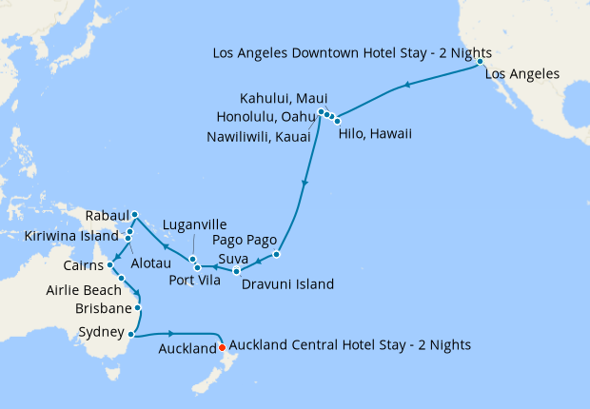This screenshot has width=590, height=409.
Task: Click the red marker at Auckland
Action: coord(222,348)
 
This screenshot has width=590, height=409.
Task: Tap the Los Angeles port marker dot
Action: coord(481,62)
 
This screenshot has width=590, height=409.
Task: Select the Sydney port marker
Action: coord(130,333)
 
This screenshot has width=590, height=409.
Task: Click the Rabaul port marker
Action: coord(134,214)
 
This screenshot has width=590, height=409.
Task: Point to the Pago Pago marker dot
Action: coord(276,254)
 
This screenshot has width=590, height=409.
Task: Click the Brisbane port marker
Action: coord(139,307)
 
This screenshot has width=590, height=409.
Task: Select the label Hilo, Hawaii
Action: coord(375,134)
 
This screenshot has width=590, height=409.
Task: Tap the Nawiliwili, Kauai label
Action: coord(261,136)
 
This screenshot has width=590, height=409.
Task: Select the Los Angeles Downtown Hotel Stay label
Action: coord(342,51)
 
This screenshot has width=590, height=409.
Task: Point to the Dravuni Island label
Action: coord(287,283)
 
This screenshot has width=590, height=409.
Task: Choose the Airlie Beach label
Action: coord(83,290)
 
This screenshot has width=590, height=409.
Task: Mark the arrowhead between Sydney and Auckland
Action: coord(171,333)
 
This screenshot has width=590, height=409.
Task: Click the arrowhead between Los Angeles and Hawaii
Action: coord(407,86)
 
